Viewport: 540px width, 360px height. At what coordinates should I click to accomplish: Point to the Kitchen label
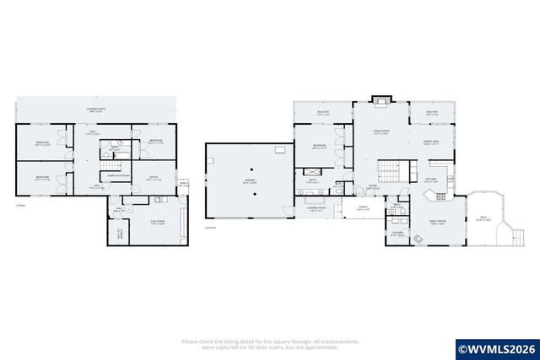point(429,180)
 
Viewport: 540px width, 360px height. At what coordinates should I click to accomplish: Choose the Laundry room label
point(397,234)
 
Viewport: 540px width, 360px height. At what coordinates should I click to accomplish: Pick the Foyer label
point(371,187)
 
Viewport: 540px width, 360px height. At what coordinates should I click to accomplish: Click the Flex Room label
point(158,223)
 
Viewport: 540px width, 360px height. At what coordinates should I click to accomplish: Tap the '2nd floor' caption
point(211,228)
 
